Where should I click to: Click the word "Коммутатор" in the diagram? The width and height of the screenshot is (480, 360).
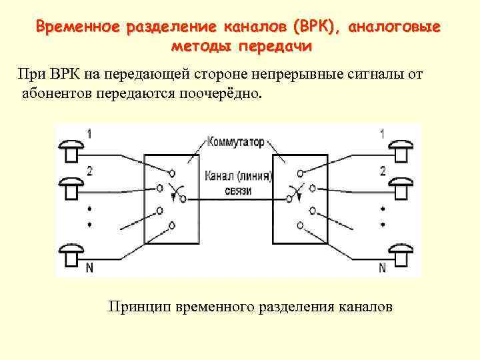(236, 142)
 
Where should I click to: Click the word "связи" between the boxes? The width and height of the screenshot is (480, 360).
(238, 191)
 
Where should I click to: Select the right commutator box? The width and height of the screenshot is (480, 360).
(300, 199)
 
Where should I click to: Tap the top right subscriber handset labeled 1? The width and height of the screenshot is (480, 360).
(401, 148)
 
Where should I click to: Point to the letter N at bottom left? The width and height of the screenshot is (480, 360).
(89, 268)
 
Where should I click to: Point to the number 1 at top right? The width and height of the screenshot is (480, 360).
(382, 133)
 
